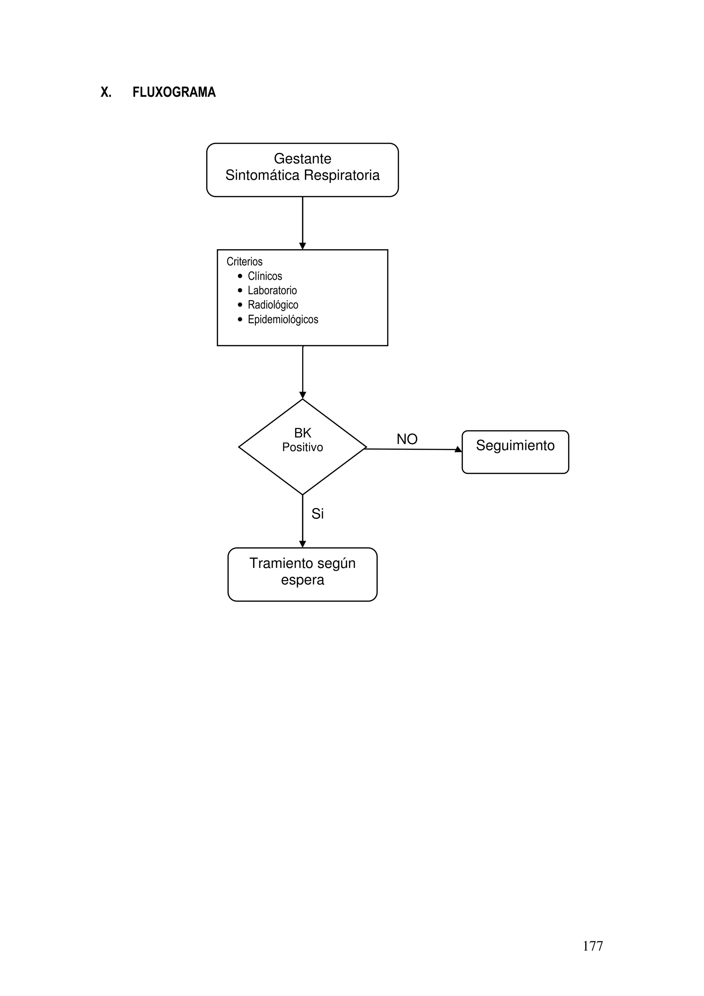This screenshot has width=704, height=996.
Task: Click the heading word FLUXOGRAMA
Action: click(x=174, y=92)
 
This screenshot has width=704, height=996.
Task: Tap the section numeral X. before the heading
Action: click(x=106, y=92)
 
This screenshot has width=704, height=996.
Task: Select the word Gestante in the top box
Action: click(x=302, y=159)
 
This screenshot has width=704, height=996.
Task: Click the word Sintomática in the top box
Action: click(x=262, y=175)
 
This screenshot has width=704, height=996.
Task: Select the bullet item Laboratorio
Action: click(x=272, y=291)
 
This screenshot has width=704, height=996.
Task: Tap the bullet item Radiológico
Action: click(x=273, y=305)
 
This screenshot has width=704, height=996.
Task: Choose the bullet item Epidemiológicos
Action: click(x=283, y=320)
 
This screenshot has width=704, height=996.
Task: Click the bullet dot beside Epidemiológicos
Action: click(x=240, y=320)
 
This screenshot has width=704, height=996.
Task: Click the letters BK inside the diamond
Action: click(x=302, y=433)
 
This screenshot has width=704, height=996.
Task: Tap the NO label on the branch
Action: click(x=407, y=439)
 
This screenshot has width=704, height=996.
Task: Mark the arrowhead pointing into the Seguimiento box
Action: click(x=458, y=449)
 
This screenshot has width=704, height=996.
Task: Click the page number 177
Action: click(x=593, y=946)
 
